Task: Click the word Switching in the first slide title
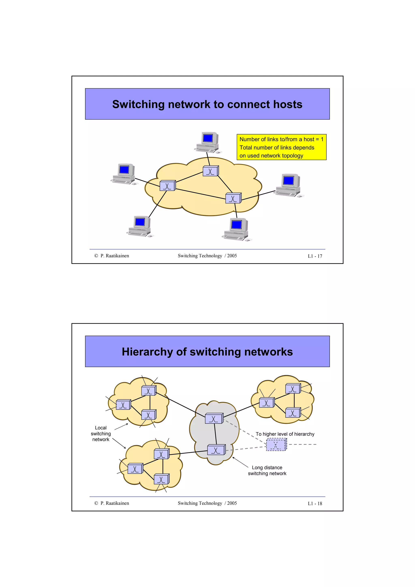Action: [x=138, y=104]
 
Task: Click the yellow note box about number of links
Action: [x=281, y=147]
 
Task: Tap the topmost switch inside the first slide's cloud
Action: [x=211, y=171]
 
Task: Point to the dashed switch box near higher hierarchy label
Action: [x=276, y=445]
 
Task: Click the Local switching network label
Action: [x=101, y=434]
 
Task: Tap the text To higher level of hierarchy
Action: [x=285, y=434]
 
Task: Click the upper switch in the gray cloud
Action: [x=214, y=418]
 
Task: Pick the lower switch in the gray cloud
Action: [x=216, y=450]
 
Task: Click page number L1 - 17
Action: [x=315, y=256]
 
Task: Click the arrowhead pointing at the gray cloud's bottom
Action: [x=233, y=458]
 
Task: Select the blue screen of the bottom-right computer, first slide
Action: [x=236, y=224]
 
